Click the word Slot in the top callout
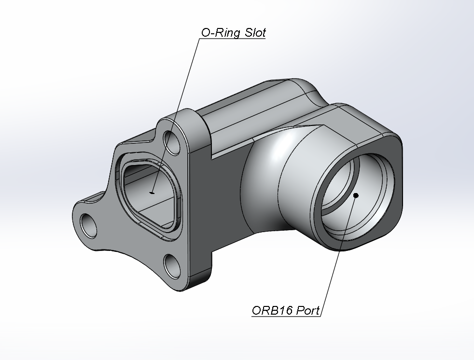[x=254, y=33]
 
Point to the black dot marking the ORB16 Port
[x=356, y=195]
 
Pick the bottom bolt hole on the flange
[x=172, y=264]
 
